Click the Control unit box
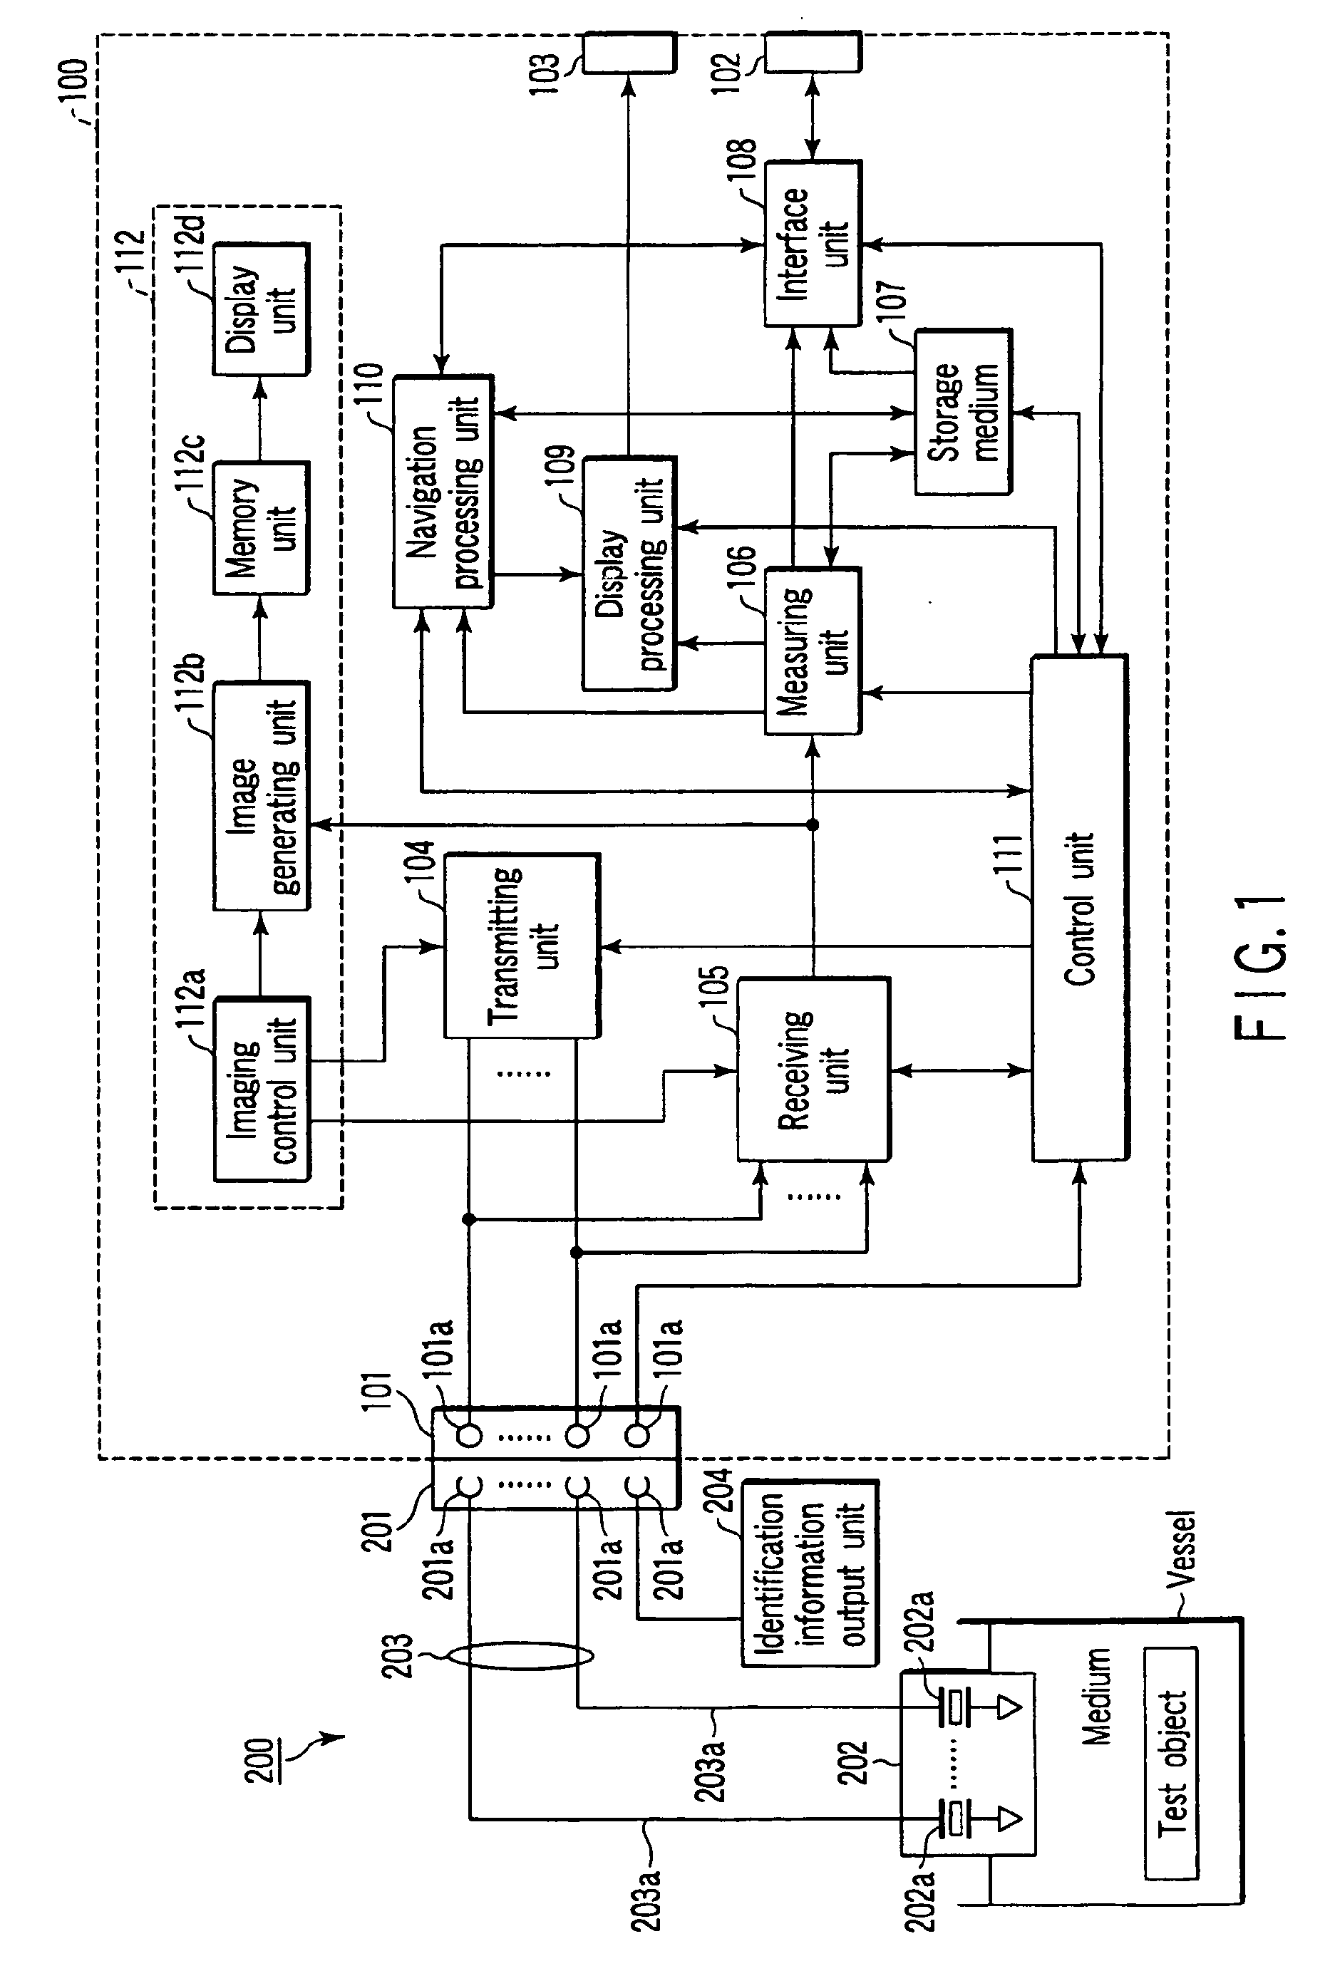tap(1079, 908)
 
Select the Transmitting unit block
tap(522, 945)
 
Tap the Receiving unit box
tap(813, 1069)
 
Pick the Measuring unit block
tap(813, 651)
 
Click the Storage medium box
tap(963, 412)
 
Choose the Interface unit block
tap(813, 243)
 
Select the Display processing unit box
tap(629, 574)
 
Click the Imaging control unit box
tap(262, 1090)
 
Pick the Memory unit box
tap(262, 527)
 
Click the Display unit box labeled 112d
tap(262, 309)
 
